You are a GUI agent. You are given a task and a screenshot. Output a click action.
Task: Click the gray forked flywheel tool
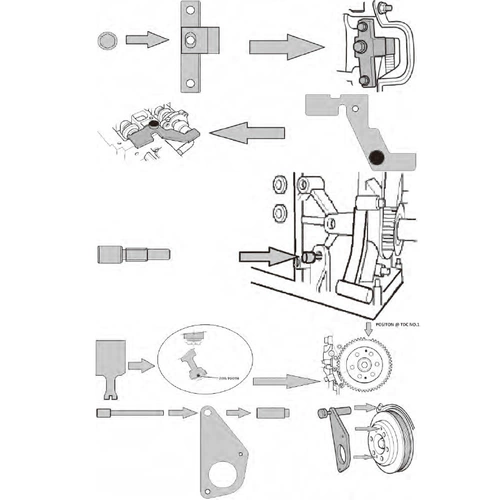[x=110, y=361]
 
